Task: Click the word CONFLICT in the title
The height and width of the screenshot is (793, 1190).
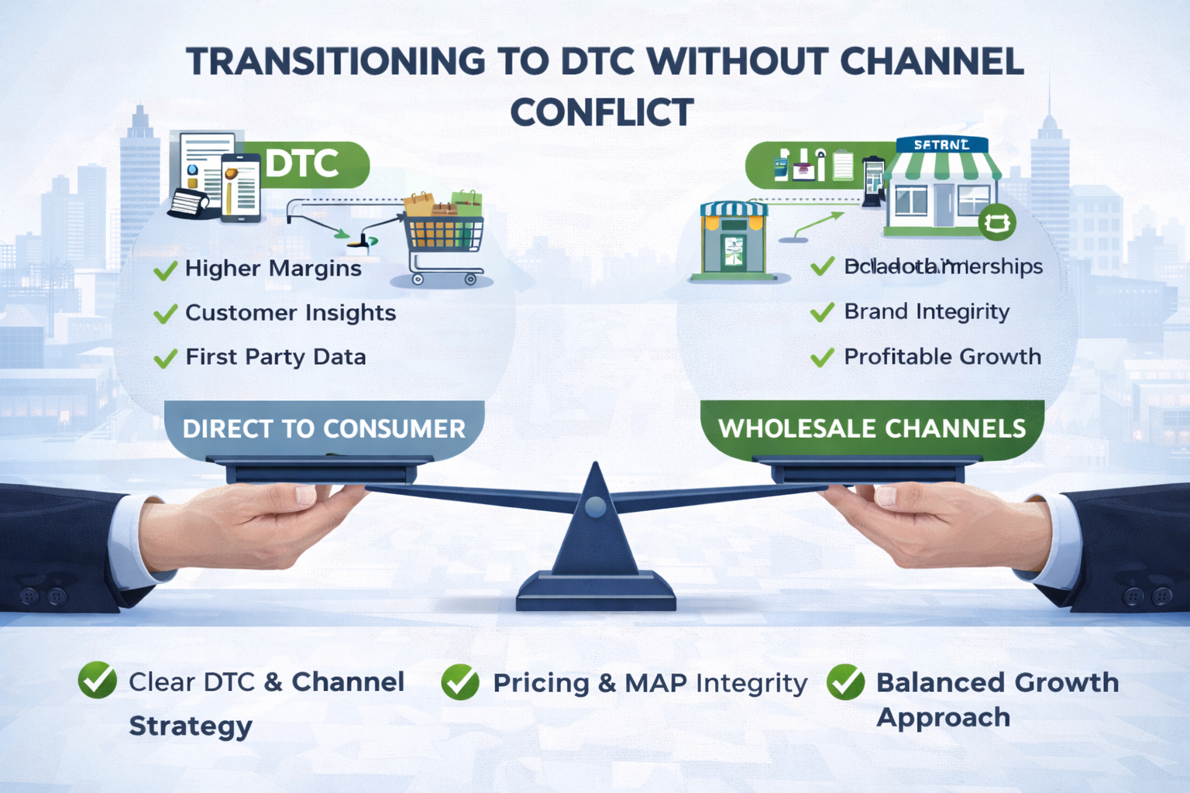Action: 601,113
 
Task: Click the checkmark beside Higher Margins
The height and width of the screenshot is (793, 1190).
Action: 165,271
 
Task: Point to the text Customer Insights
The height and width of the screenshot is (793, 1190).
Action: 291,313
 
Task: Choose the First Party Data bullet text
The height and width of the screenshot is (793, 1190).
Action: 276,357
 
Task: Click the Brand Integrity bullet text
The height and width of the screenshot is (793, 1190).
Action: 927,311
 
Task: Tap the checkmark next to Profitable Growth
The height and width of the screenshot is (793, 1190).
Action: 822,357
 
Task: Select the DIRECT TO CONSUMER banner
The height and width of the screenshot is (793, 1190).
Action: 324,428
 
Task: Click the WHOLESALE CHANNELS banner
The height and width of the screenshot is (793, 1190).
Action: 872,428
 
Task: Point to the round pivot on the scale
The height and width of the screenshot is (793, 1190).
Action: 595,507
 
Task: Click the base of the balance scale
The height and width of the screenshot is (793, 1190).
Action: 595,592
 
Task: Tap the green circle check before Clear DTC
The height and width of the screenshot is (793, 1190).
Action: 98,681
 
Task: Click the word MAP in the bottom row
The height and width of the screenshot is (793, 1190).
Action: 655,683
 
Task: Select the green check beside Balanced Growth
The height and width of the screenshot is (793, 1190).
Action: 845,682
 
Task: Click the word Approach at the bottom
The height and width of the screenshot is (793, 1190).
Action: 943,718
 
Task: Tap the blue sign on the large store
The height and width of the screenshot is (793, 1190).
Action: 941,145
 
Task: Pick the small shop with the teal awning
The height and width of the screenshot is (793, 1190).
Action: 733,240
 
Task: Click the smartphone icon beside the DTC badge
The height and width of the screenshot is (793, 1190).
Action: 241,188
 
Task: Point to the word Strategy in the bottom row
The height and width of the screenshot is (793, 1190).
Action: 191,726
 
